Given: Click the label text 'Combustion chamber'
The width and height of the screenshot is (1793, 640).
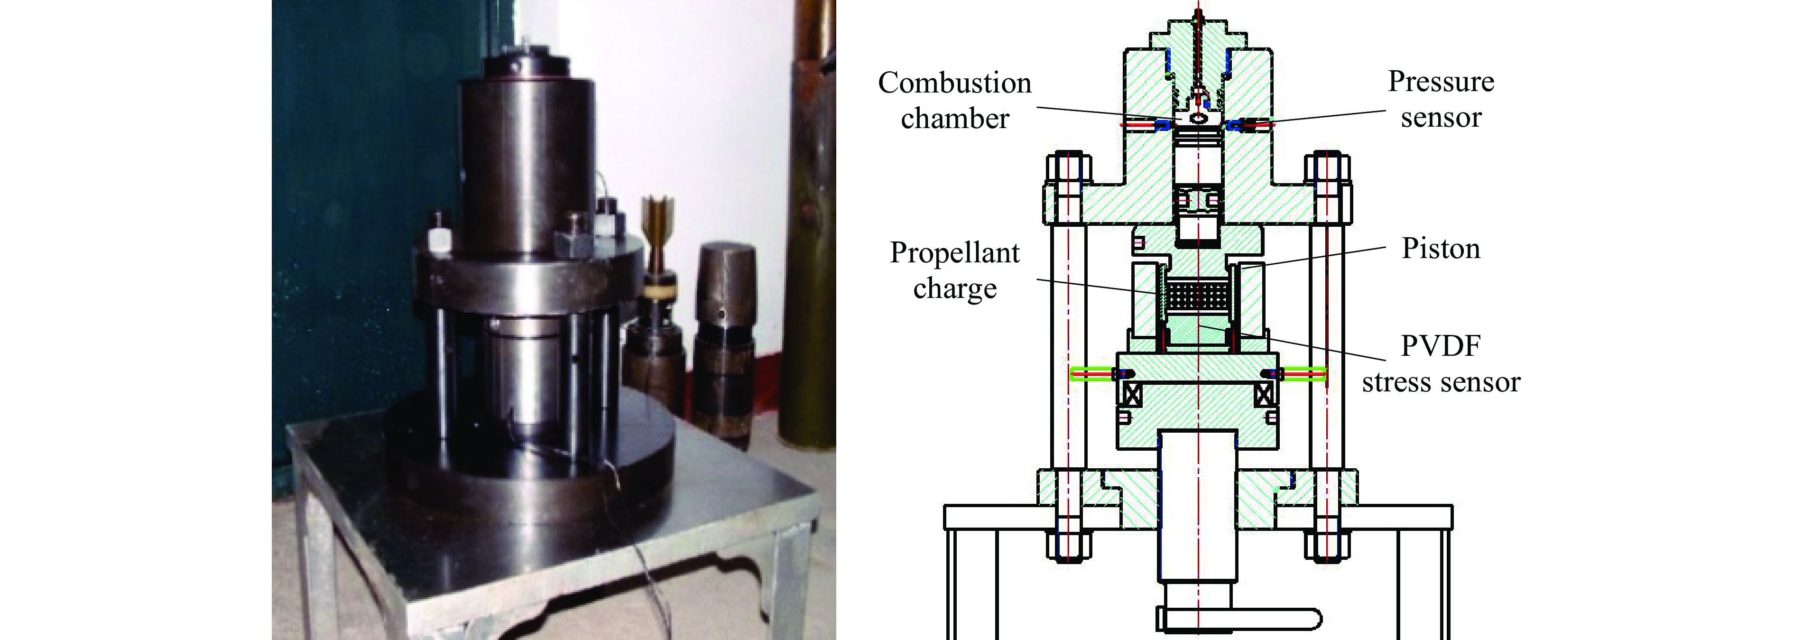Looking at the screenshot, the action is point(954,100).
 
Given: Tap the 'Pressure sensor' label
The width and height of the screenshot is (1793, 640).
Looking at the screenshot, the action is point(1441,100).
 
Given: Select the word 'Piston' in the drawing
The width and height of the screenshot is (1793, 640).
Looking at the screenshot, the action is point(1441,249).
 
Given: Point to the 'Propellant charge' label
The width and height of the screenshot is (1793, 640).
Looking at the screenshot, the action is point(955,270).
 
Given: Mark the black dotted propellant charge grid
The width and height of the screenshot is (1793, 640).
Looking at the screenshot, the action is point(1199,295).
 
